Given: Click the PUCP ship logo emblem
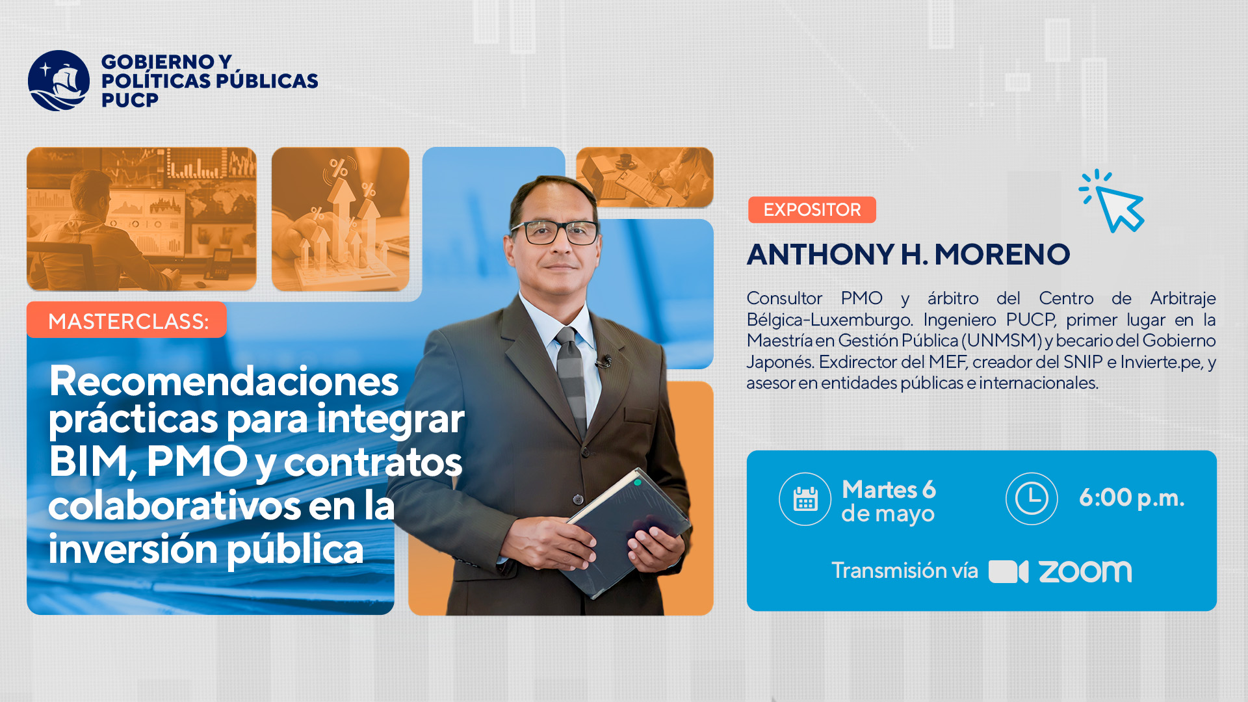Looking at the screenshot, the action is pyautogui.click(x=58, y=81).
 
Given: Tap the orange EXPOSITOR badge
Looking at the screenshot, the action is pyautogui.click(x=812, y=210).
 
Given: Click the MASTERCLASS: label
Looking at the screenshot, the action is pyautogui.click(x=127, y=320).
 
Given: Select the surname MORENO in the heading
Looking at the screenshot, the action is pyautogui.click(x=1002, y=254).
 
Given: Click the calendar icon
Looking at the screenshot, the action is pyautogui.click(x=805, y=499).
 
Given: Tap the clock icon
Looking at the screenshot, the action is pyautogui.click(x=1032, y=499).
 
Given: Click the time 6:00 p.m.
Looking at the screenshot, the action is pyautogui.click(x=1132, y=498).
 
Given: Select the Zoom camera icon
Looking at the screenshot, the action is pyautogui.click(x=1008, y=571).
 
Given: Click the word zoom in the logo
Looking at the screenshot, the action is pyautogui.click(x=1085, y=571).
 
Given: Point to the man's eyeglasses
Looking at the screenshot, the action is pyautogui.click(x=554, y=232).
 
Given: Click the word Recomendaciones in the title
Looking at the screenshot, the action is pyautogui.click(x=224, y=382).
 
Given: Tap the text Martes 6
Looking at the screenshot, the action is pyautogui.click(x=889, y=489).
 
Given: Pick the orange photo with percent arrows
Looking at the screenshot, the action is pyautogui.click(x=341, y=219).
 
